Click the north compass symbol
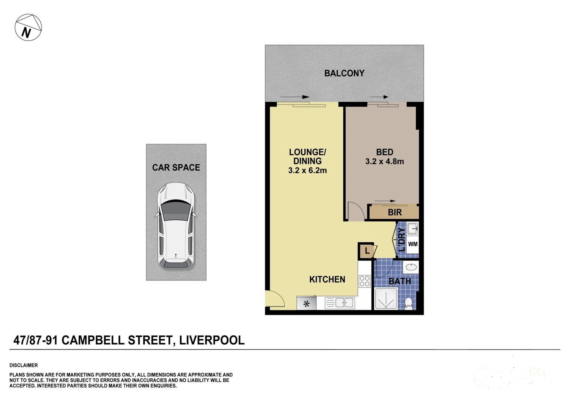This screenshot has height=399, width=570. [x=28, y=28]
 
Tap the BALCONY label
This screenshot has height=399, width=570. [x=344, y=73]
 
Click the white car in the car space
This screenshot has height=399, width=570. [x=176, y=225]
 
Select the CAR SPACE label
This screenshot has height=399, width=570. [x=176, y=167]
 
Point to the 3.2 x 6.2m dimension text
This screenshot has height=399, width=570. [x=307, y=171]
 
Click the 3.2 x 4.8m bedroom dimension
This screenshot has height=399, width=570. [x=384, y=161]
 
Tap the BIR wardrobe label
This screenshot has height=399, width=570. [x=395, y=212]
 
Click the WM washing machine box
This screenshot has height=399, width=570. [x=413, y=244]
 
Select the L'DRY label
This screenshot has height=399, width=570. [x=402, y=239]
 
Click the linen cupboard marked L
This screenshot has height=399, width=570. [x=366, y=251]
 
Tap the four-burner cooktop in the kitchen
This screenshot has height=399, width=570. [x=365, y=281]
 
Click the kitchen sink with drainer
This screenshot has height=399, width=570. [x=340, y=303]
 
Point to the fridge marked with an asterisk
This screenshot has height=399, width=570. [x=306, y=304]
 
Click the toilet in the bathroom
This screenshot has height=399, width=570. [x=409, y=303]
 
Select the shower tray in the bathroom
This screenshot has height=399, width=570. [x=386, y=299]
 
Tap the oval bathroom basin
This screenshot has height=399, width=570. [x=411, y=267]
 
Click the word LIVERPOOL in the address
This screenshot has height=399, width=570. [x=212, y=340]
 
